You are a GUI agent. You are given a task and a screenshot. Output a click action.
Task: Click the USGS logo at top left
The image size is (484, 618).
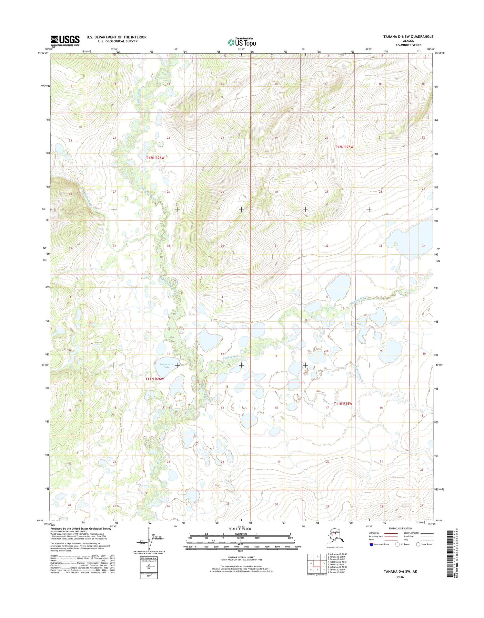(65, 40)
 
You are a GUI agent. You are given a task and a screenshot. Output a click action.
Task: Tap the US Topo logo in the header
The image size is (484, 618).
(242, 42)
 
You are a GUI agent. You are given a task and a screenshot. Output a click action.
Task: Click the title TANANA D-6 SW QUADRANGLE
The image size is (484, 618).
(408, 37)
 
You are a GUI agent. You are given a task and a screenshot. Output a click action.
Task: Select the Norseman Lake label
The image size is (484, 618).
(166, 366)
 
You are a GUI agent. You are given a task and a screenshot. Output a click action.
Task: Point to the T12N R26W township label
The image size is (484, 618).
(155, 158)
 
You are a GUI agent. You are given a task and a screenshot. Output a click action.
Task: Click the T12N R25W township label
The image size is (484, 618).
(344, 147)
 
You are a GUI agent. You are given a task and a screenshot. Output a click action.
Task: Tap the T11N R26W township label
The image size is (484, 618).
(155, 379)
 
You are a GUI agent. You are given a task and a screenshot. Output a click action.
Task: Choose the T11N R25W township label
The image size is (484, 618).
(343, 404)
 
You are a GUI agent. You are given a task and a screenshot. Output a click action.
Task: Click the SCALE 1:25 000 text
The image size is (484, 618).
(239, 529)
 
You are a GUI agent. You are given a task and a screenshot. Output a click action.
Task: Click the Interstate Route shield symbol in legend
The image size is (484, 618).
(371, 544)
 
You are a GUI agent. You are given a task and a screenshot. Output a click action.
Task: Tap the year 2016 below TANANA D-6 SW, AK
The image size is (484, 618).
(400, 577)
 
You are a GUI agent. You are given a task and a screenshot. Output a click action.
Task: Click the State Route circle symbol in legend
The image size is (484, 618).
(418, 544)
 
